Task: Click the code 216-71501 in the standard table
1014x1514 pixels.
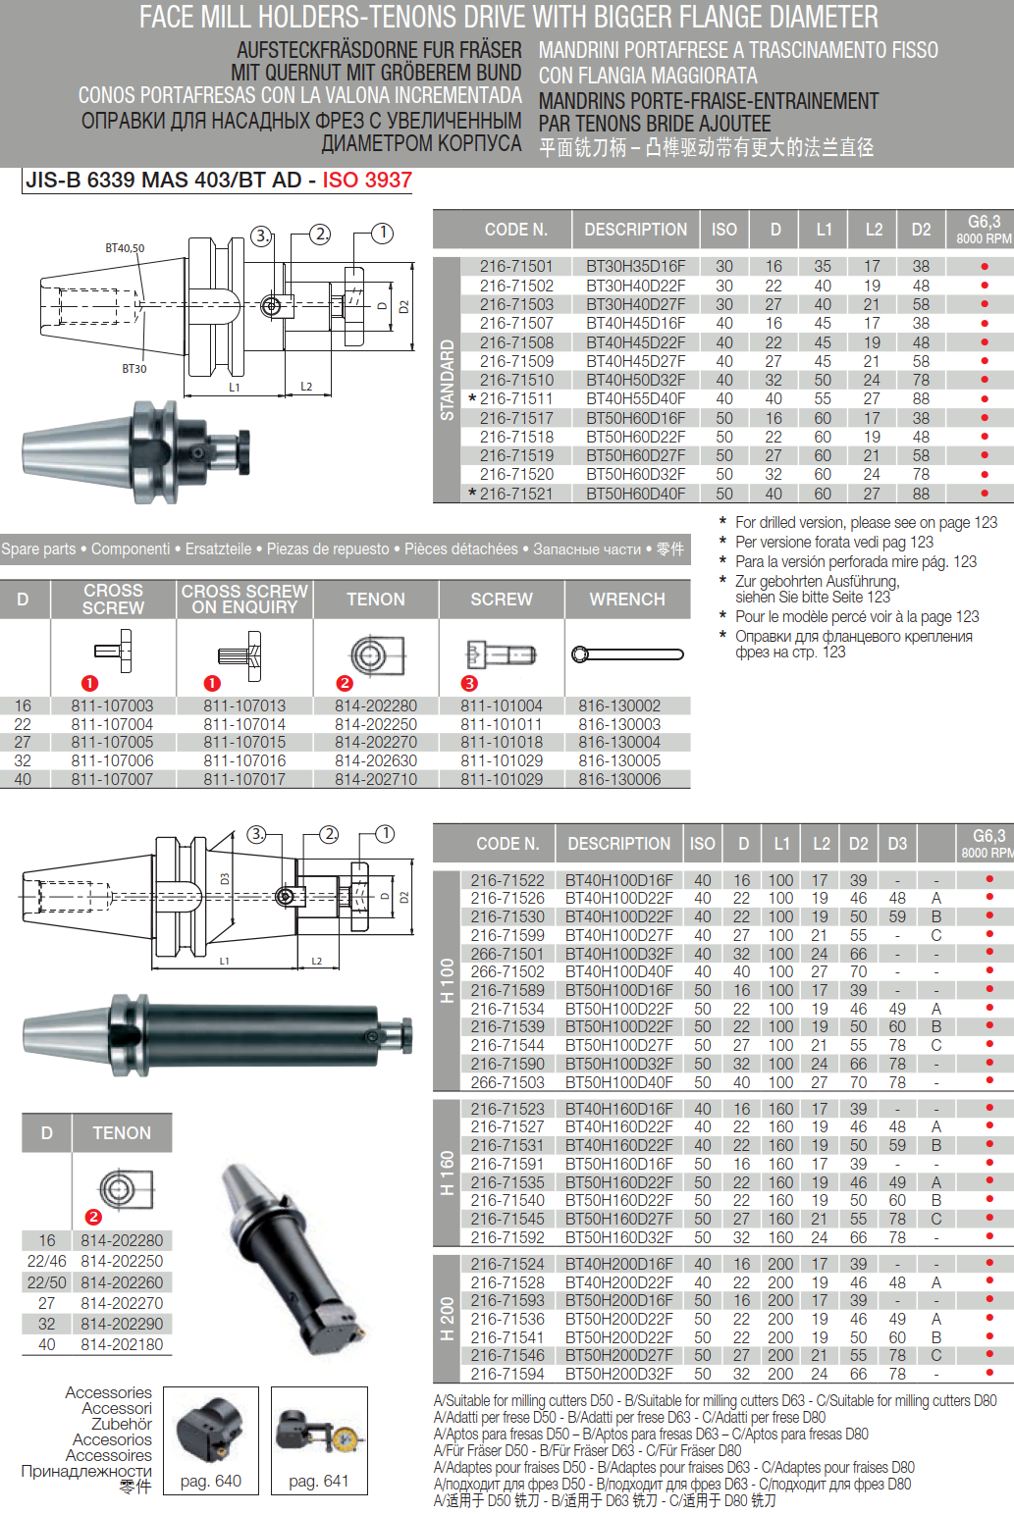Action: pos(516,266)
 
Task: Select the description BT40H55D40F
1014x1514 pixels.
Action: pos(635,399)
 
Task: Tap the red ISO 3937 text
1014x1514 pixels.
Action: pos(367,181)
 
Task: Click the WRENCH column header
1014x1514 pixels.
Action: pos(627,599)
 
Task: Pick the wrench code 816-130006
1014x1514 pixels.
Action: pos(619,779)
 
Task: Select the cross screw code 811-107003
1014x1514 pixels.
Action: pos(112,705)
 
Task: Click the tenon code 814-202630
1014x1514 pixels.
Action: pos(376,760)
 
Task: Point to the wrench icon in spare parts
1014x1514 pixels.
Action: pos(627,654)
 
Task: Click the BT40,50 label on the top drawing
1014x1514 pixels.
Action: pos(125,248)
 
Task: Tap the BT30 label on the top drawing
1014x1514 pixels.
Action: pos(134,369)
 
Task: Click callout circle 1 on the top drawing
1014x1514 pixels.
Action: pos(383,233)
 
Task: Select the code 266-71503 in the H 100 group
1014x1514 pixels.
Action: pos(507,1082)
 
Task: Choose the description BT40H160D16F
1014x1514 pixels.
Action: pos(618,1109)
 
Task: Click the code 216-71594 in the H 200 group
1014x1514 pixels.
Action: pos(507,1374)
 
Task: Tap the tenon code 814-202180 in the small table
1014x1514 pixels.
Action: pos(122,1344)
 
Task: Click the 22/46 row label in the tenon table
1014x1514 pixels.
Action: pos(47,1261)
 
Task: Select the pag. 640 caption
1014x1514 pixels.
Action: pos(211,1481)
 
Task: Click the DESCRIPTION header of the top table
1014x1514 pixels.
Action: pos(635,230)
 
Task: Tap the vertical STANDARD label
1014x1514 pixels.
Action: pos(448,380)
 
